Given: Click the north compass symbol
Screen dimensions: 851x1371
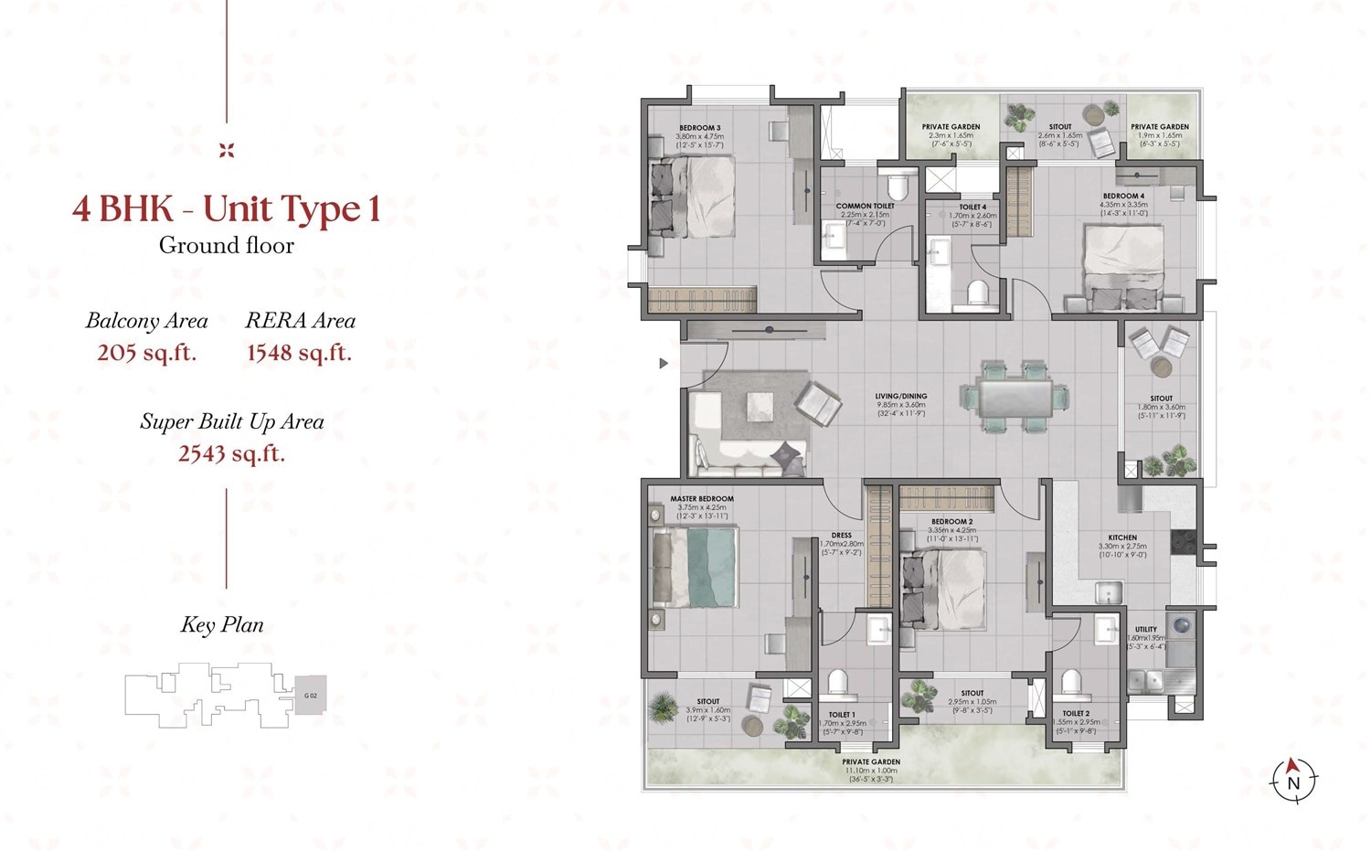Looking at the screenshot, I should (1293, 780).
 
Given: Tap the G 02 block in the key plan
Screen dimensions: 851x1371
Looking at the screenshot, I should (310, 696).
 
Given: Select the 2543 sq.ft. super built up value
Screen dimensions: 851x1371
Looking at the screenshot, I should (231, 452).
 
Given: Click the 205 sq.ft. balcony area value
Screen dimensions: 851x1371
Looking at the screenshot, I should (146, 352).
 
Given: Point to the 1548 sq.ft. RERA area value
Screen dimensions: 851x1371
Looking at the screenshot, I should (299, 352).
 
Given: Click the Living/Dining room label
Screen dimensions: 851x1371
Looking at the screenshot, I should (900, 397).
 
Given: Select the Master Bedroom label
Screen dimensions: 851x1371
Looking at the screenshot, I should (702, 499).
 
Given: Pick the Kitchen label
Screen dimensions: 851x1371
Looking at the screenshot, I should (1122, 537).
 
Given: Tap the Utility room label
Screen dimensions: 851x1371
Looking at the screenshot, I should (1145, 630).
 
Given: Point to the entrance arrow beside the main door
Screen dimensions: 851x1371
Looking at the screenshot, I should (664, 364).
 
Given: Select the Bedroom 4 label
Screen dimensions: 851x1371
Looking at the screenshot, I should (1123, 196).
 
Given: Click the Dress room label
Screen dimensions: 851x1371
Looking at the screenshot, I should (841, 536).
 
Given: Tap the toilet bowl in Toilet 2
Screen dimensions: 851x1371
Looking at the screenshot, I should (1071, 681).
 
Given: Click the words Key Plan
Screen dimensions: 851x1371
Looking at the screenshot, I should (222, 625).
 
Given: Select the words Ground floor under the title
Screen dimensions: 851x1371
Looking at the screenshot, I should (227, 245).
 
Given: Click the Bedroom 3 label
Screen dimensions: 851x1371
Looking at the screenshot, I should (699, 127).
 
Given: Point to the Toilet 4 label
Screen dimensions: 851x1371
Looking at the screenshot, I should (972, 207).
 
